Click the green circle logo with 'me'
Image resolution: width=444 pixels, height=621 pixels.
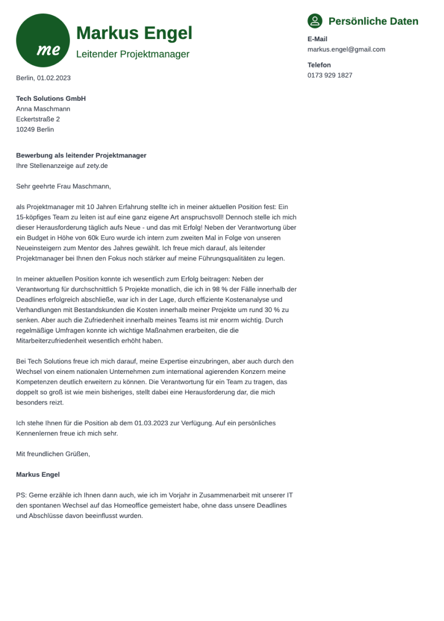pos(43,41)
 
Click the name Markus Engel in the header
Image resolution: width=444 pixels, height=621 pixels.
pos(134,33)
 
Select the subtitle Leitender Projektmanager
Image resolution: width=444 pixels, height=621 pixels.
pos(133,54)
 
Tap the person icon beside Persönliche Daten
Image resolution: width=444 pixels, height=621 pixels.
pos(315,21)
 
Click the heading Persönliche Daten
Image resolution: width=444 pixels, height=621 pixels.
pos(373,22)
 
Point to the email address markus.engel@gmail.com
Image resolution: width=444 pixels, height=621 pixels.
pos(346,50)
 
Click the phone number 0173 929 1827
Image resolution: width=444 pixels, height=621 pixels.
pos(330,76)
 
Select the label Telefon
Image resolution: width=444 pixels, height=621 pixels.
pos(319,65)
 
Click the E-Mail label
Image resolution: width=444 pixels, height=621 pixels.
pos(317,39)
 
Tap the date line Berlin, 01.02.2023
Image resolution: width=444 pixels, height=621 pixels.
pos(43,78)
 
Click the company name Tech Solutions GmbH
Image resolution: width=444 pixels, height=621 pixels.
pos(51,99)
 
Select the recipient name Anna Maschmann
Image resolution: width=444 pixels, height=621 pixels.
pos(43,109)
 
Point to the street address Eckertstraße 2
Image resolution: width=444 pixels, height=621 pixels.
pos(38,119)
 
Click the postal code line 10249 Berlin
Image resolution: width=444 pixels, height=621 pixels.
pos(35,129)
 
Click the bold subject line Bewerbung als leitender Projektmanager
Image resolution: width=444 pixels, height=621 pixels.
pos(81,156)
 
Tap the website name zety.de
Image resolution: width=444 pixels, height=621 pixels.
pos(97,166)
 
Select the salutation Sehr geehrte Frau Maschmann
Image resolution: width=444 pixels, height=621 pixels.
pos(63,186)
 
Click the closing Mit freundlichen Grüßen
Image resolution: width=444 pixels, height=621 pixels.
pos(53,454)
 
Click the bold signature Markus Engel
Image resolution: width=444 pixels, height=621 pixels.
pos(38,475)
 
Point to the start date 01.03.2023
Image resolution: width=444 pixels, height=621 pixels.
pos(152,424)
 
